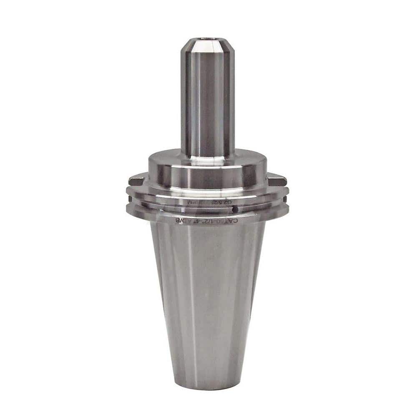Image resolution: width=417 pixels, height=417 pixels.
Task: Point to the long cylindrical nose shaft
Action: point(207,100)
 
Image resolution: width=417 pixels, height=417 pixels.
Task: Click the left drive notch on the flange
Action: point(136,181)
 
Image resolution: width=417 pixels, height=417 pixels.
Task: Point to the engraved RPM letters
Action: point(193,202)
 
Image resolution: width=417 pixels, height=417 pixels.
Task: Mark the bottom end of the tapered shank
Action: point(207,386)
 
